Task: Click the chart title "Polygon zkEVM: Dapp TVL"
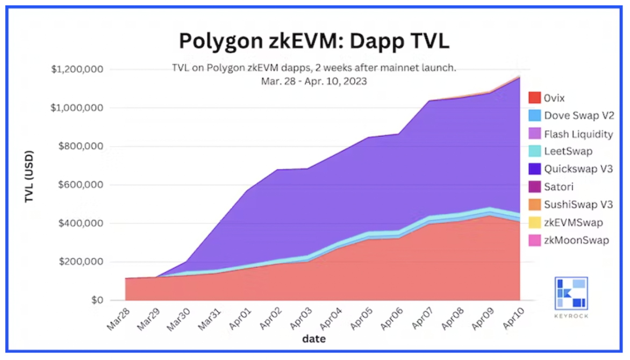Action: pos(314,41)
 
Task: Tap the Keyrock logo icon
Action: pos(571,293)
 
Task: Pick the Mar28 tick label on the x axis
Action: pos(118,318)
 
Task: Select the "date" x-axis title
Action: pos(313,339)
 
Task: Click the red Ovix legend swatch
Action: pos(534,98)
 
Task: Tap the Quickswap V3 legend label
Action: pos(578,169)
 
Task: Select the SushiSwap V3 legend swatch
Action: pos(534,205)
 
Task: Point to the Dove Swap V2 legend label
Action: pos(578,116)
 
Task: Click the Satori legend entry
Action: pos(559,187)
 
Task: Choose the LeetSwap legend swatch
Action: pos(534,152)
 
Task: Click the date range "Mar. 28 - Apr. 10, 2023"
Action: pos(314,81)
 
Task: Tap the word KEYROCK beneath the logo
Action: pos(571,316)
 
